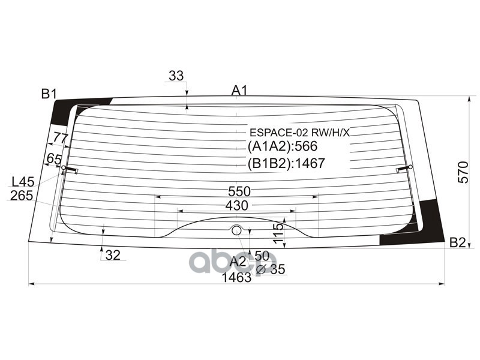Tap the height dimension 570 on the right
(x=463, y=172)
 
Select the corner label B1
(x=49, y=94)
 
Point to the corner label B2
(x=457, y=242)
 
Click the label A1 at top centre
(x=240, y=91)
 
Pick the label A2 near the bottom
(x=238, y=261)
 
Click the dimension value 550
(x=239, y=191)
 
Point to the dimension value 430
(x=236, y=205)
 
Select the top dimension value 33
(x=176, y=76)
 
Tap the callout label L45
(x=22, y=182)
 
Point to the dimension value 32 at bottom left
(x=113, y=255)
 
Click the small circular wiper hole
(x=236, y=230)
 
